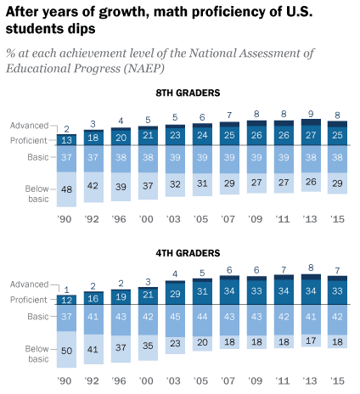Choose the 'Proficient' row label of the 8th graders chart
coord(29,139)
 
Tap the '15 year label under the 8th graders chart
coord(337,217)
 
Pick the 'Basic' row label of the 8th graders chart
coord(38,158)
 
